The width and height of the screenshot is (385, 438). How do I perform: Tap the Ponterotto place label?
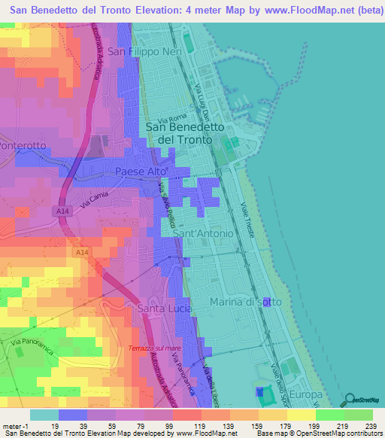click(23, 144)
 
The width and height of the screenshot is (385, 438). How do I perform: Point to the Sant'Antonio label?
click(203, 234)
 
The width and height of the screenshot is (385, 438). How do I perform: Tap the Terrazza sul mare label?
click(156, 348)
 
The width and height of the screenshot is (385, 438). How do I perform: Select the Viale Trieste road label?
click(248, 220)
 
